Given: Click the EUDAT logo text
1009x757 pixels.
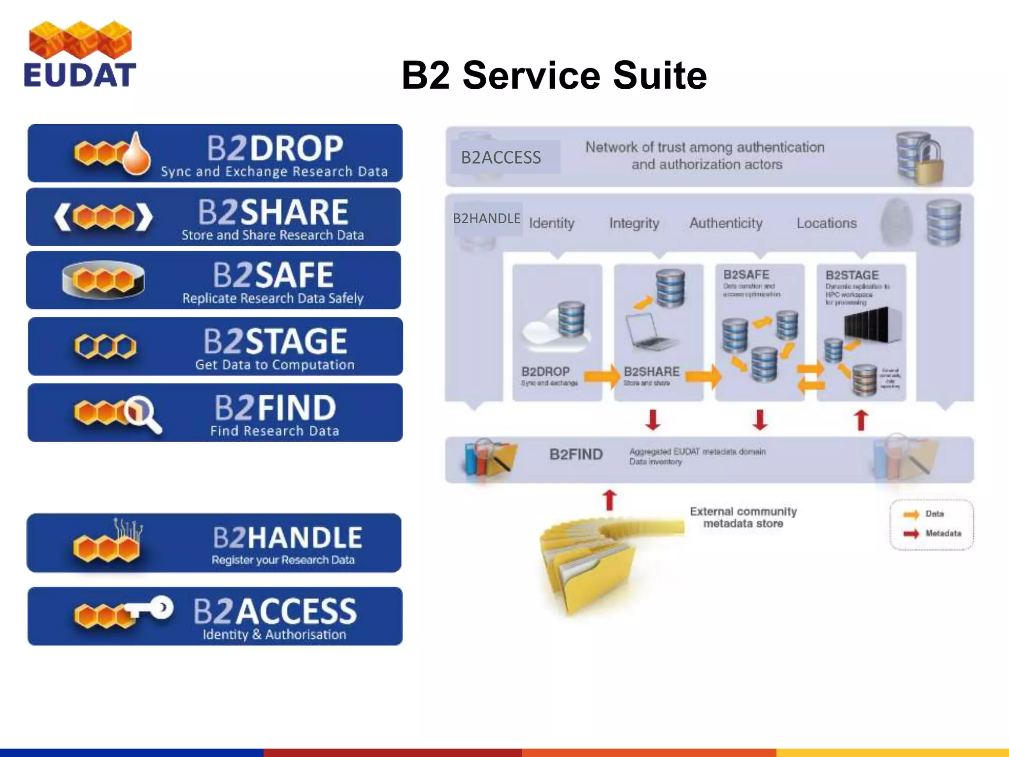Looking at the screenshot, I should [x=80, y=75].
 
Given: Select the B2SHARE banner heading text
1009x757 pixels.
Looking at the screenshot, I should [x=273, y=212].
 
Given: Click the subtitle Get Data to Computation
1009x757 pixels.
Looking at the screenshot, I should [x=274, y=365].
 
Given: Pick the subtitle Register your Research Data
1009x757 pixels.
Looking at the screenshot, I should [x=283, y=560].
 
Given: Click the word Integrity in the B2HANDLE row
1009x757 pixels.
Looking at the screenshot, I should [x=634, y=223].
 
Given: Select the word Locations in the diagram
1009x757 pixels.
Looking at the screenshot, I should [x=826, y=223].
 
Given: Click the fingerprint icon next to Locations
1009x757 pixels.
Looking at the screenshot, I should [x=896, y=222].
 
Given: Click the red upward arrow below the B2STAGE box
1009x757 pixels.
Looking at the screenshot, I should [x=861, y=420].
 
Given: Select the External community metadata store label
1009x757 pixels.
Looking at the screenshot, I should [x=743, y=517].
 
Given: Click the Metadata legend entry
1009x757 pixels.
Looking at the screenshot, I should [x=942, y=533].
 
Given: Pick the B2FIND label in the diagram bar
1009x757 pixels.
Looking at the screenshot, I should [x=575, y=454].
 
